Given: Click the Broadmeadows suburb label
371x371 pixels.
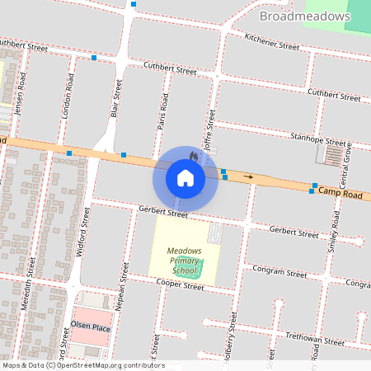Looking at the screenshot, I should [x=305, y=16].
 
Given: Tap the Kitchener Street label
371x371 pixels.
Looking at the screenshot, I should [x=272, y=42].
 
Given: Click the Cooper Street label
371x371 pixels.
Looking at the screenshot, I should [x=181, y=286].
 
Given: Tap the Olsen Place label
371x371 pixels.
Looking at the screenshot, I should [x=91, y=327].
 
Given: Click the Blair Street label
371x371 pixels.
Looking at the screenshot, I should [x=118, y=99].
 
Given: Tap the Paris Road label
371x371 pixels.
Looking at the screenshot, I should [x=164, y=112].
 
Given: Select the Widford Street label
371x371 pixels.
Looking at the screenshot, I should [x=82, y=237].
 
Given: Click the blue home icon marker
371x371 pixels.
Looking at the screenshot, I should [x=185, y=177].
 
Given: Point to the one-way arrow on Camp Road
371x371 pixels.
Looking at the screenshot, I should [x=248, y=176].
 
